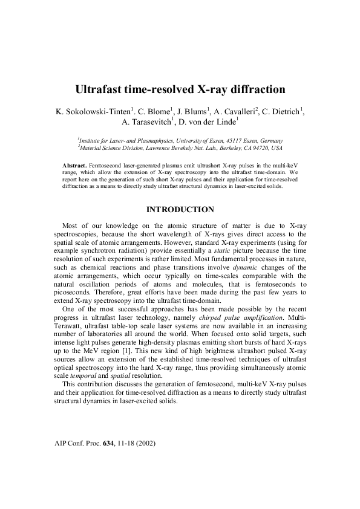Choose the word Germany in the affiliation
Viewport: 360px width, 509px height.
(268, 139)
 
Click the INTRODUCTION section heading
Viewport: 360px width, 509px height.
(180, 210)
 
